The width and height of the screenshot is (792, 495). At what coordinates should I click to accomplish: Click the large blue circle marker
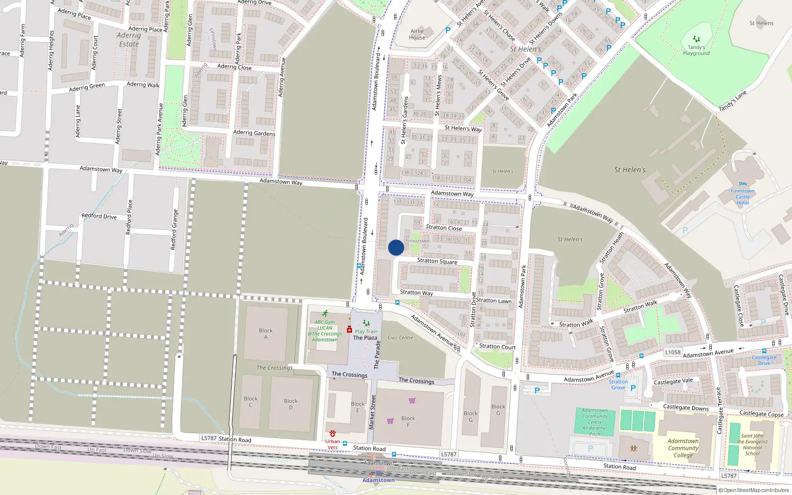pos(396,247)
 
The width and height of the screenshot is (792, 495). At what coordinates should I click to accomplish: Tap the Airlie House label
pos(417,34)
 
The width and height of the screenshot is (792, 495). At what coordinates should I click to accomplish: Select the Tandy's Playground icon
pos(696,39)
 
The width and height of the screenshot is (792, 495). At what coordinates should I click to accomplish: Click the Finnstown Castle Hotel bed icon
pos(742,184)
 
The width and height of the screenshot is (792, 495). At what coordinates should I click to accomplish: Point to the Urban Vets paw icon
pos(333,434)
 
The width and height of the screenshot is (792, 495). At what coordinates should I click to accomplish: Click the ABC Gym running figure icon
pos(325,313)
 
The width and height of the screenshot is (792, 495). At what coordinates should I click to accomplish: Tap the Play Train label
pos(366,332)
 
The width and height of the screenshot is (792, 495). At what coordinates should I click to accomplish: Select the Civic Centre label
pos(400,338)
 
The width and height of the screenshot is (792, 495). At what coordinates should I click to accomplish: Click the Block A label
pos(265,334)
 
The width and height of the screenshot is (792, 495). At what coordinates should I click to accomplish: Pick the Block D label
pos(291,404)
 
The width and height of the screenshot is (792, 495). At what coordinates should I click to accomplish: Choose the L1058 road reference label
pos(673,352)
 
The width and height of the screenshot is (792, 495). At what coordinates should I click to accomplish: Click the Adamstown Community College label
pos(683,448)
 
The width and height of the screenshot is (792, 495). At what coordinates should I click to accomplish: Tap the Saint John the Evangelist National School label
pos(752,445)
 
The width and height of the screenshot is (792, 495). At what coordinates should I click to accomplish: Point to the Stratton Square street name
pos(437,261)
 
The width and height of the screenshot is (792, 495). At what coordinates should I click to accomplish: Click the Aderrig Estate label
pos(129,40)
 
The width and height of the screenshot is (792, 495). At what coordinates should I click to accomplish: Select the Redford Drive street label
pos(99,216)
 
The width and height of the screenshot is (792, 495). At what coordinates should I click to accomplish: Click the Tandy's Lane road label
pos(733,101)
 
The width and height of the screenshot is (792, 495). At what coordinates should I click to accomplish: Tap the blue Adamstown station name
pos(378,480)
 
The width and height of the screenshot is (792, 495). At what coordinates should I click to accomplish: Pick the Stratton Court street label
pos(497,346)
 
